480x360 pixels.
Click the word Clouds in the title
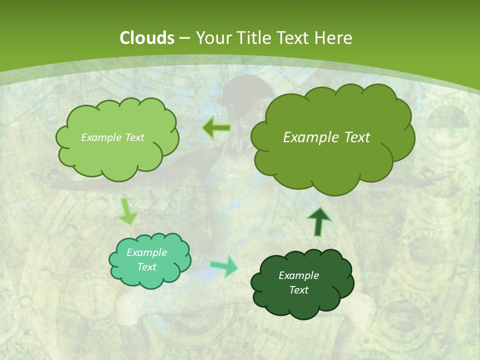click(x=147, y=38)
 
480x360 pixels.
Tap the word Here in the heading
click(x=334, y=38)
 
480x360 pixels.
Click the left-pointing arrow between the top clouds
click(x=216, y=128)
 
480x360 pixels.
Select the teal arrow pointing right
click(x=224, y=266)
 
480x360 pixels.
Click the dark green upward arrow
click(x=318, y=221)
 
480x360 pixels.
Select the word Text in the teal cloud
click(x=147, y=267)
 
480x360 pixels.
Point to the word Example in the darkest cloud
click(x=298, y=275)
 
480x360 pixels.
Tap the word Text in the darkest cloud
click(x=298, y=290)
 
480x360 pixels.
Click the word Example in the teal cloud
click(x=147, y=252)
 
